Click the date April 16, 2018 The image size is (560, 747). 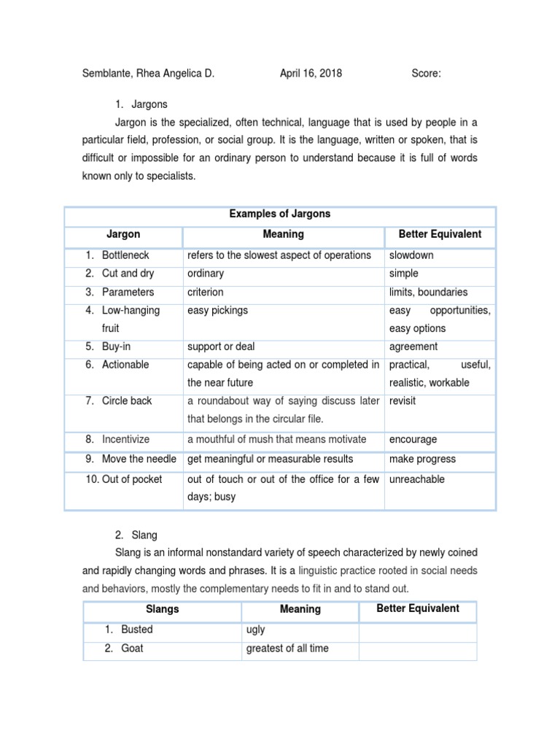(x=311, y=73)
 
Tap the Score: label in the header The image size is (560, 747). (x=426, y=73)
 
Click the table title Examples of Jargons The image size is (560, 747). (x=280, y=214)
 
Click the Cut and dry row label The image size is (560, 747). (x=128, y=274)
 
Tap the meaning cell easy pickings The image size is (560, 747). (x=217, y=310)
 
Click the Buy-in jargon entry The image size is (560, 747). (x=117, y=347)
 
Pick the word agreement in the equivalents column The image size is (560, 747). (x=413, y=347)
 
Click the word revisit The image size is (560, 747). (x=402, y=400)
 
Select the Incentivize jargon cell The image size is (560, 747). (x=125, y=439)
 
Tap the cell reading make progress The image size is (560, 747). (x=422, y=459)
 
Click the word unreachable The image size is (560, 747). (x=416, y=479)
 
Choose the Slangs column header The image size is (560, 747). (x=162, y=609)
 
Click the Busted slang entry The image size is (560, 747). (x=137, y=629)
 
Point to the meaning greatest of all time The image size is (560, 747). (x=287, y=648)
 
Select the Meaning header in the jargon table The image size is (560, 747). (x=283, y=234)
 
